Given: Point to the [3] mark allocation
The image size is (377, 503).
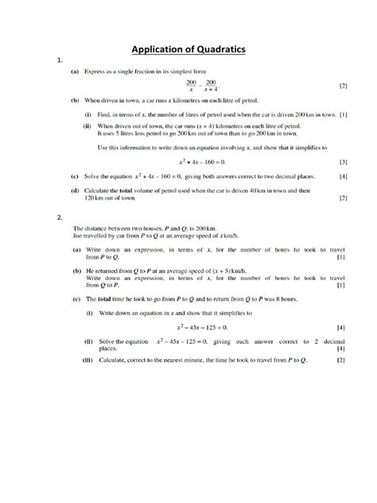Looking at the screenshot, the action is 343,162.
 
